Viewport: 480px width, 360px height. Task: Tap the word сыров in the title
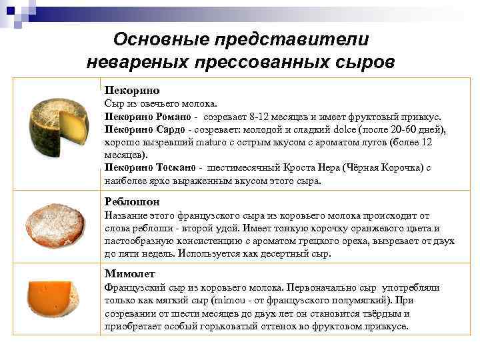tap(363, 62)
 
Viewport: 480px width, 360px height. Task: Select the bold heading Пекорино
tap(132, 90)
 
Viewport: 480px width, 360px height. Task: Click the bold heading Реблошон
tap(133, 201)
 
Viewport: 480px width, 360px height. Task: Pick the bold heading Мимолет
tap(130, 273)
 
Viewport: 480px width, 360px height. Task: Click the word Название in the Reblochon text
tap(127, 216)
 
